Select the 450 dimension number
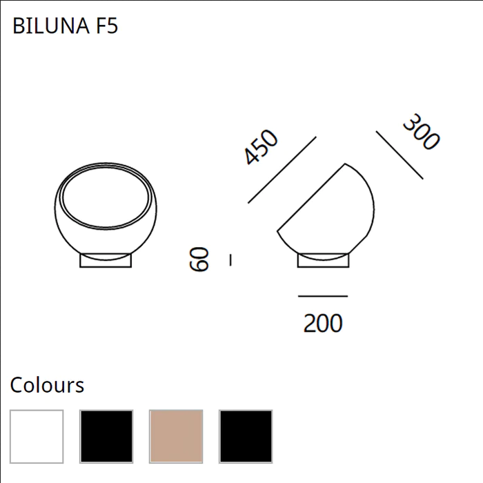click(262, 147)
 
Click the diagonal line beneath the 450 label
click(282, 170)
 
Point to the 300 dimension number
click(420, 132)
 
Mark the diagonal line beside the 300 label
click(400, 153)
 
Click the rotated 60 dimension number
click(199, 259)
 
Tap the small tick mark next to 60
click(230, 259)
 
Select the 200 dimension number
click(323, 323)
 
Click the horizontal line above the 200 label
click(323, 297)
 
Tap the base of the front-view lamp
click(106, 261)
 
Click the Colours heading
click(47, 385)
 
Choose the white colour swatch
click(37, 436)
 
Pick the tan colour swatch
click(176, 436)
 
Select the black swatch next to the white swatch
click(106, 436)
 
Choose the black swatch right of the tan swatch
click(246, 436)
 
